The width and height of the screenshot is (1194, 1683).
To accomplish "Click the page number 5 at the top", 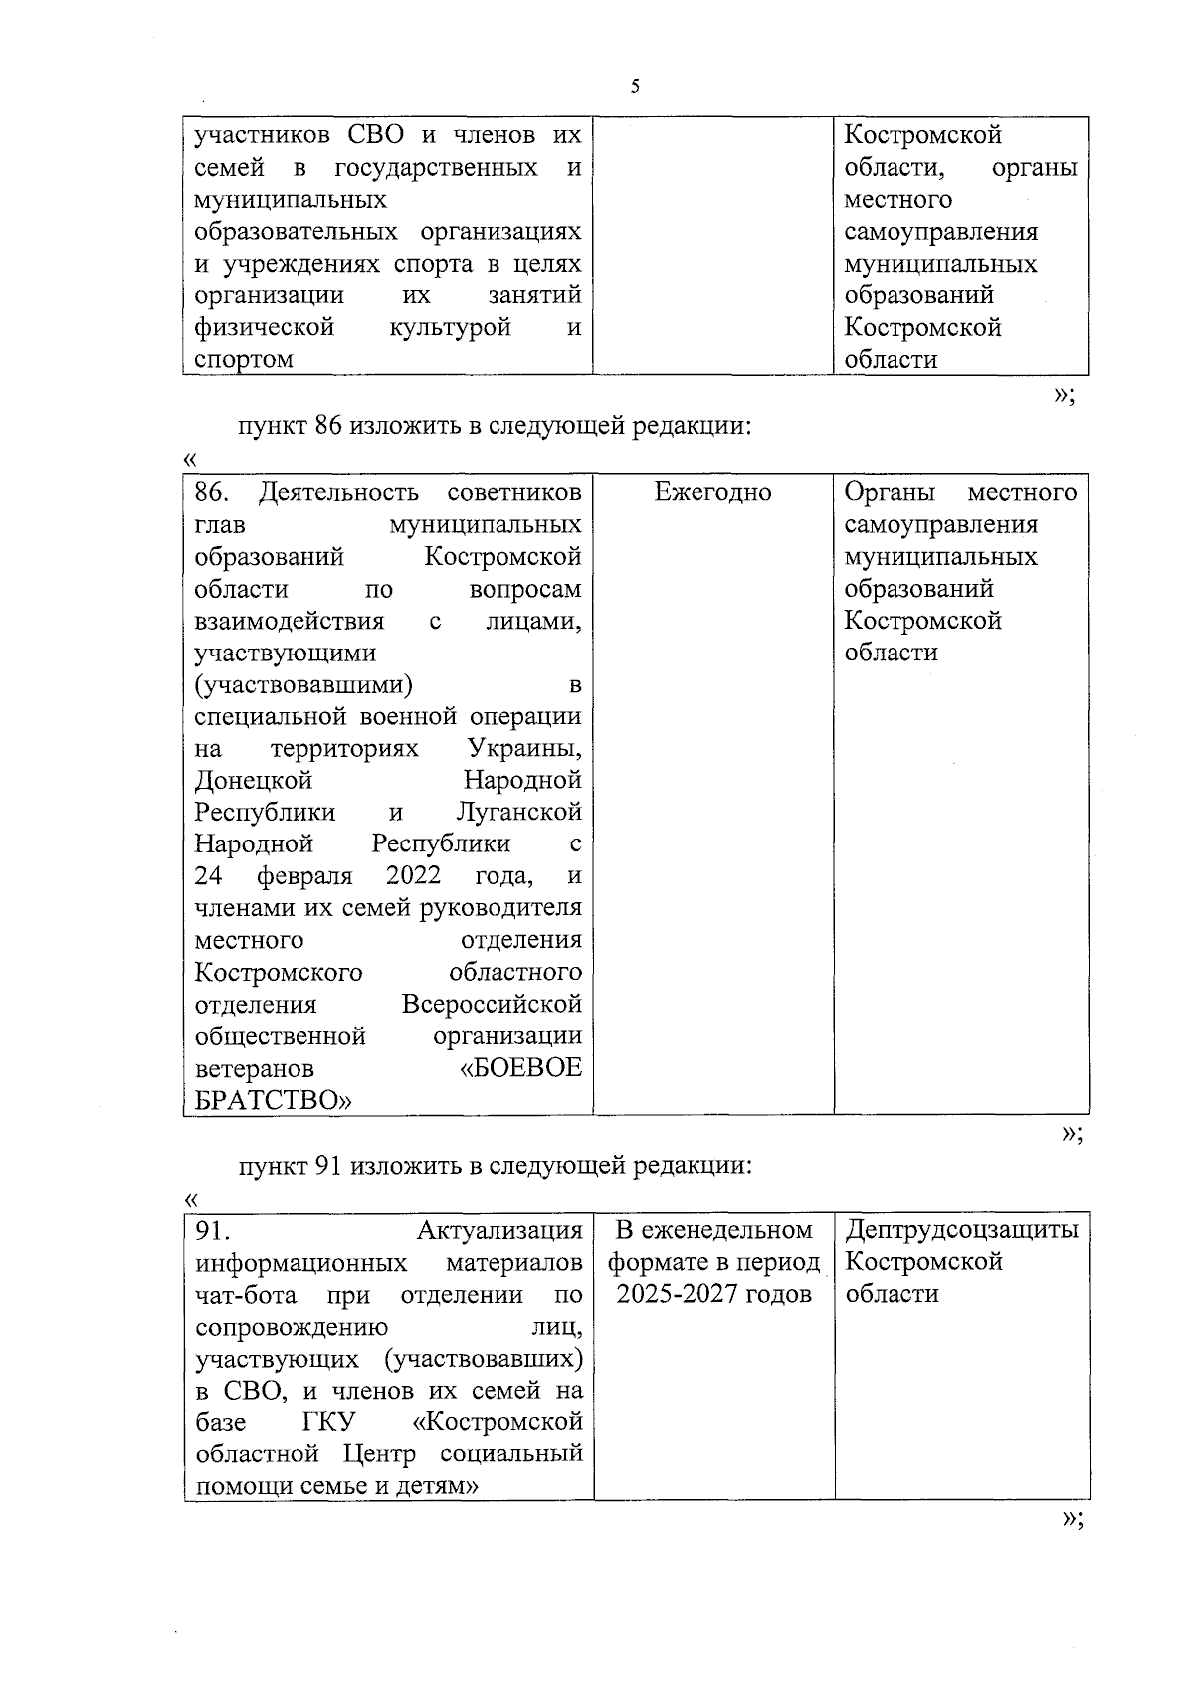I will [635, 87].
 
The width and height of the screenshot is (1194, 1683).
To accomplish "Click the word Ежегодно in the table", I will [713, 492].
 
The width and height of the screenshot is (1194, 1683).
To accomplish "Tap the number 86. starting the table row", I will [212, 492].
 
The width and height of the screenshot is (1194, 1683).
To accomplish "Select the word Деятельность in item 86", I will [338, 492].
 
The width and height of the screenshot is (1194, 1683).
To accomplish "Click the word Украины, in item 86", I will [524, 748].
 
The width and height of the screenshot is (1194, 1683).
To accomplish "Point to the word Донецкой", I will [254, 780].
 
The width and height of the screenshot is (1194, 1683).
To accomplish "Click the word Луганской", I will [518, 812].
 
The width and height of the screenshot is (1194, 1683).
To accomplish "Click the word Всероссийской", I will [492, 1004].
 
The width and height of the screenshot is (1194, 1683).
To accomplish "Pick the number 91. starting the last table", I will [211, 1231].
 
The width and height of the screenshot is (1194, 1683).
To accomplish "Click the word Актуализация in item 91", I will [499, 1231].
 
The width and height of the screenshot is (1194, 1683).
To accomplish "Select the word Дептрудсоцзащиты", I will [961, 1230].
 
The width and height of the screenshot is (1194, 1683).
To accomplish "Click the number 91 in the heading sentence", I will [328, 1166].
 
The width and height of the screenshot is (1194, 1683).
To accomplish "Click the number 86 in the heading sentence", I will [328, 427].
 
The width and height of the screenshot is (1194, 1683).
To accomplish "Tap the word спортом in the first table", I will [244, 360].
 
